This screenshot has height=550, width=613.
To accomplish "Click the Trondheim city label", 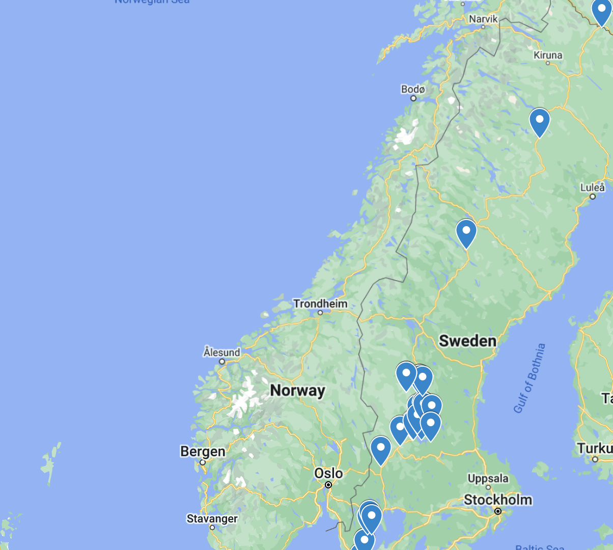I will tap(320, 304).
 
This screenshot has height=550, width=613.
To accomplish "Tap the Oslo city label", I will tap(328, 473).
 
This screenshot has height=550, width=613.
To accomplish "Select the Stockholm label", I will tap(498, 500).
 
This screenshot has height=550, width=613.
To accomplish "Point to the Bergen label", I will tap(203, 451).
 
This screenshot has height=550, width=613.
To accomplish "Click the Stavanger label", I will tap(212, 518).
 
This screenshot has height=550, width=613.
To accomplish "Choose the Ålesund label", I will tap(221, 352).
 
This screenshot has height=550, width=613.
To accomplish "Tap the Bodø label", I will tap(413, 89).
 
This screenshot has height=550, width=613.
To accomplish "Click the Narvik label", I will tap(483, 19).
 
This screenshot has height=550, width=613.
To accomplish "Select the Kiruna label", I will tap(548, 55).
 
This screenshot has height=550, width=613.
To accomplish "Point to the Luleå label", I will tap(593, 187).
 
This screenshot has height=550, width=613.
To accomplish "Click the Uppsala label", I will tap(488, 478).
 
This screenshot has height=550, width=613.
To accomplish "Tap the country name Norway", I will tap(297, 391).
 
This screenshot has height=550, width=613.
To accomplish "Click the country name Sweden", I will tap(467, 341).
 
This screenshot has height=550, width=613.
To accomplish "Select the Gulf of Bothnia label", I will tap(530, 378).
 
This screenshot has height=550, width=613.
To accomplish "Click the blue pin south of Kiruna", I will tap(539, 122).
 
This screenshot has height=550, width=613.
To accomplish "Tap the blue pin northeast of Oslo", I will tap(380, 450).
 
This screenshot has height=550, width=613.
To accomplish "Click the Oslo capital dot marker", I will tap(328, 485).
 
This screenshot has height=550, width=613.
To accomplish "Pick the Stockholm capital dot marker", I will tap(498, 511).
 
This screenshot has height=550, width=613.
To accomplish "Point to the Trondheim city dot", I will tap(320, 313).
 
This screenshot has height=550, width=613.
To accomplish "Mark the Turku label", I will tap(595, 448).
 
